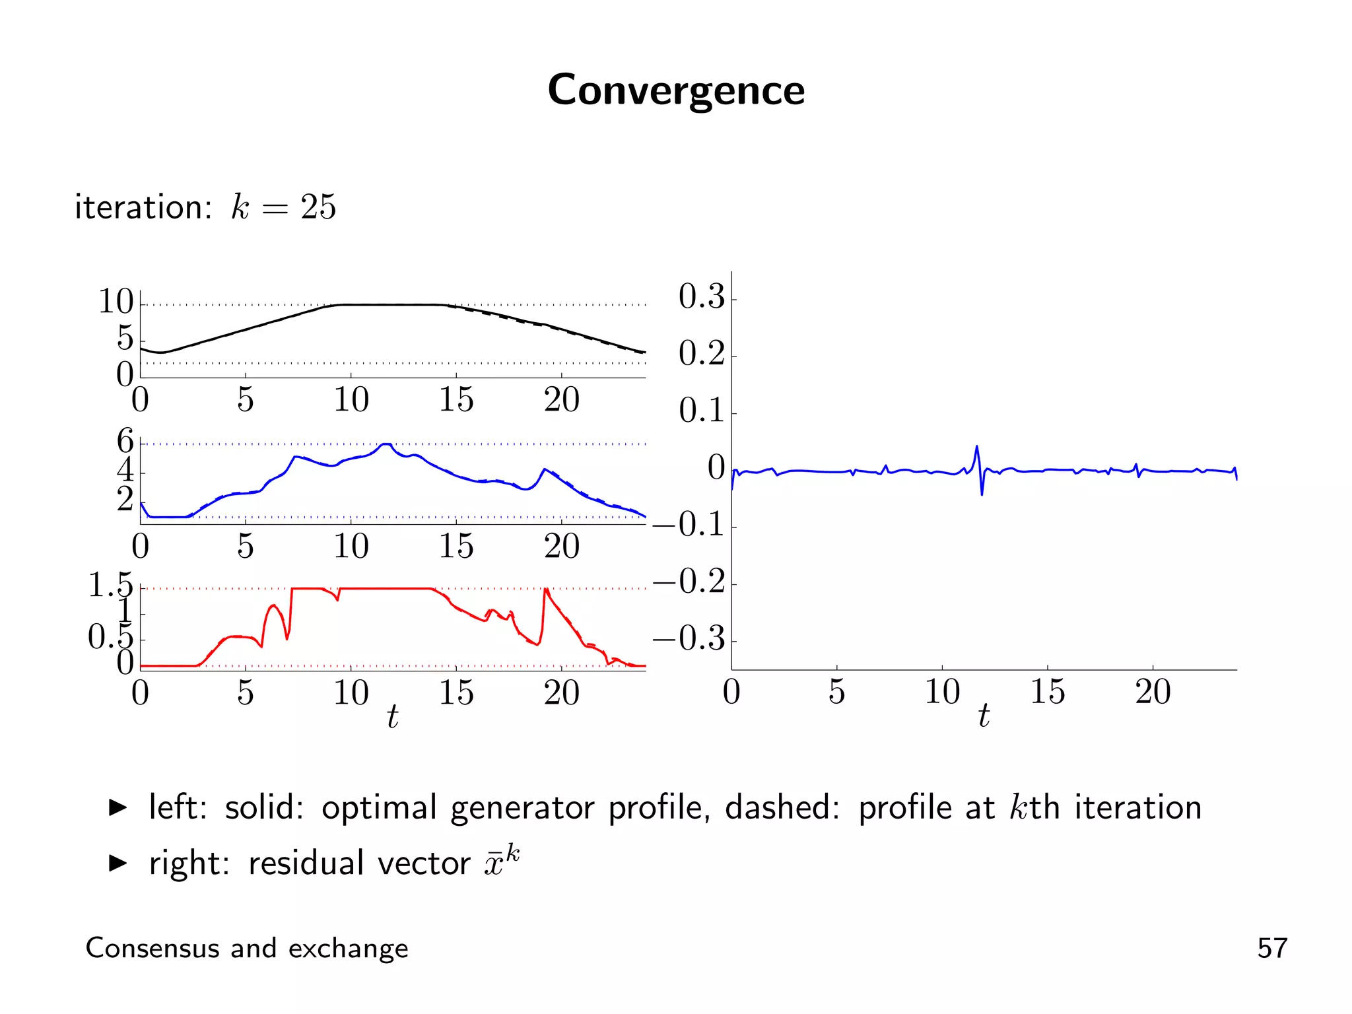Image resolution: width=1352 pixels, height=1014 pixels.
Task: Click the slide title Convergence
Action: click(x=675, y=90)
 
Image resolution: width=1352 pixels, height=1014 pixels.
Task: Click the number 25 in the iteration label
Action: click(x=318, y=207)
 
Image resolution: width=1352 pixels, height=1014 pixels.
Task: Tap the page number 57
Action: click(x=1271, y=948)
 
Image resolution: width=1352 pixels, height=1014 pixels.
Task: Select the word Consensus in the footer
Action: click(x=152, y=948)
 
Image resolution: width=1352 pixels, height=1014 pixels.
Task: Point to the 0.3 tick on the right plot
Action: click(x=701, y=296)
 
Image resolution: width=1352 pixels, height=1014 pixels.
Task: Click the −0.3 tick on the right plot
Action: click(x=689, y=639)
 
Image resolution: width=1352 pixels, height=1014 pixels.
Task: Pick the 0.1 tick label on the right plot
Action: click(x=701, y=411)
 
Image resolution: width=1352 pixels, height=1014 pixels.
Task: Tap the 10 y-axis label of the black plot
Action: click(x=116, y=302)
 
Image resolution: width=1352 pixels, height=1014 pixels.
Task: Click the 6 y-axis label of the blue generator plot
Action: click(x=125, y=440)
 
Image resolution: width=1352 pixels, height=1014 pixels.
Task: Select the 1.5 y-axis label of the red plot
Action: click(x=110, y=585)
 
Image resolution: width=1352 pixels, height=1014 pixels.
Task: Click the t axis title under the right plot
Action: click(x=984, y=716)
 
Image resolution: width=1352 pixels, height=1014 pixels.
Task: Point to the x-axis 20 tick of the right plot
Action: click(x=1153, y=692)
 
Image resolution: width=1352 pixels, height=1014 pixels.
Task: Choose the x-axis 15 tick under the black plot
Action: click(x=456, y=399)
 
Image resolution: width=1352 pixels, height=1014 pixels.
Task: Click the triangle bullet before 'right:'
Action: click(x=118, y=863)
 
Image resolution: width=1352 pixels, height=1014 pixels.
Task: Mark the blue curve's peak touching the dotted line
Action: click(x=386, y=445)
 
